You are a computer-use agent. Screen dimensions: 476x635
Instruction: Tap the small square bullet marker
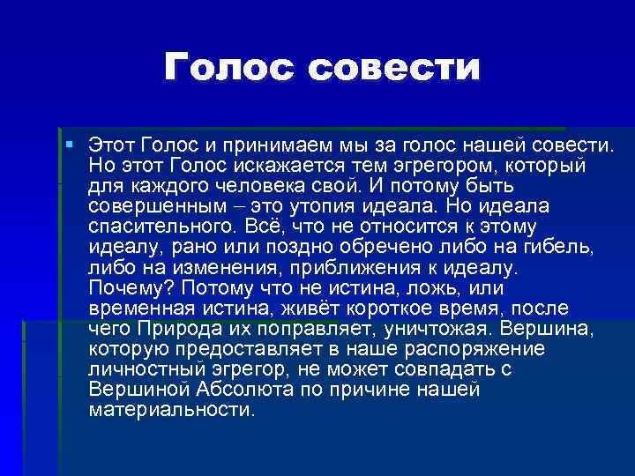point(70,143)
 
